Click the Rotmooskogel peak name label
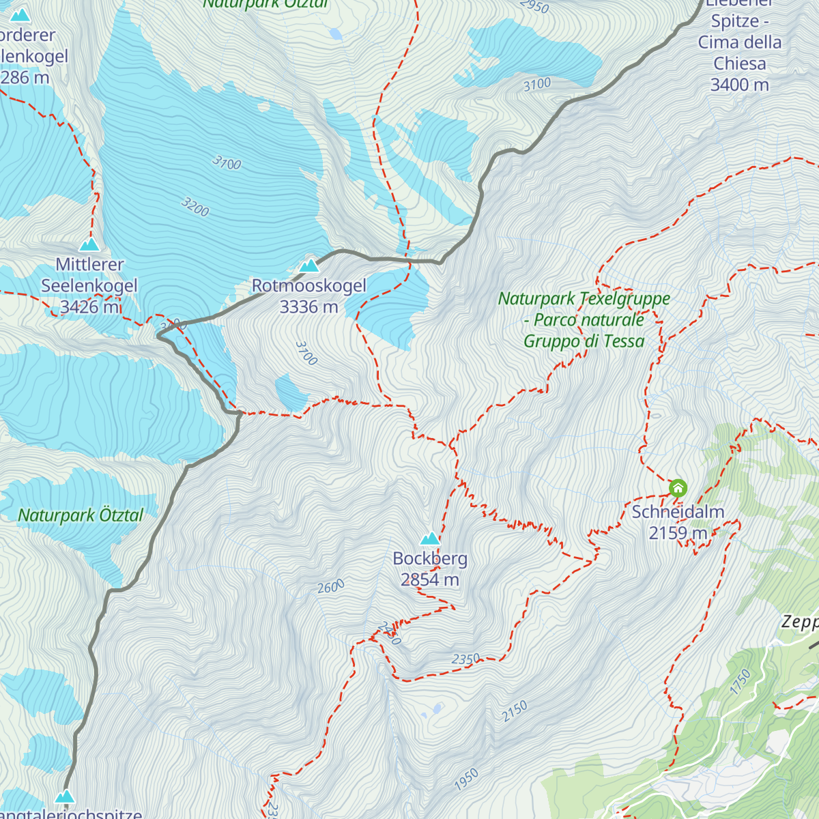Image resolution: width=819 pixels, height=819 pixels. pos(308,286)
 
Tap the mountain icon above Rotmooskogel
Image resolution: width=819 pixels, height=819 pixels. pos(309,265)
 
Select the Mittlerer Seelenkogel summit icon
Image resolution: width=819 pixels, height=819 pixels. pos(89,244)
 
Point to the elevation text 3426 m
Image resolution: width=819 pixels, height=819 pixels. pos(90,307)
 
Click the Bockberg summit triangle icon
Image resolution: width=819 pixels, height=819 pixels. pos(430,538)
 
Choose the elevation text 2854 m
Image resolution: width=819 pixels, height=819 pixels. pos(430,580)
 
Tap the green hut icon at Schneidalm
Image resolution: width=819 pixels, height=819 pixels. pos(678,488)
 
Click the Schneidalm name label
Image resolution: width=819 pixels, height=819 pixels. pos(678,512)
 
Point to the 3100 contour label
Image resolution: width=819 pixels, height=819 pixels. pos(537,85)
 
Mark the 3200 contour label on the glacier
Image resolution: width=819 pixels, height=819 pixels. pos(195,207)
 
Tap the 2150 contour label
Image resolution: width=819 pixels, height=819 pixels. pos(515,711)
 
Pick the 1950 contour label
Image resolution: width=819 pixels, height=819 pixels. pos(466,779)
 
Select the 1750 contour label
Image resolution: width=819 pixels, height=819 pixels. pos(741,682)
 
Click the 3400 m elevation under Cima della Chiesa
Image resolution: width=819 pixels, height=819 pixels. pos(739,85)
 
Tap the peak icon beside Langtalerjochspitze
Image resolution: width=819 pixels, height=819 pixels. pos(65,796)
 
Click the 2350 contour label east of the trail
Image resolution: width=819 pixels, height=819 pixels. pos(466,659)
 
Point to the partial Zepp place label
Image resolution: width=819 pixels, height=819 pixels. pos(800,622)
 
